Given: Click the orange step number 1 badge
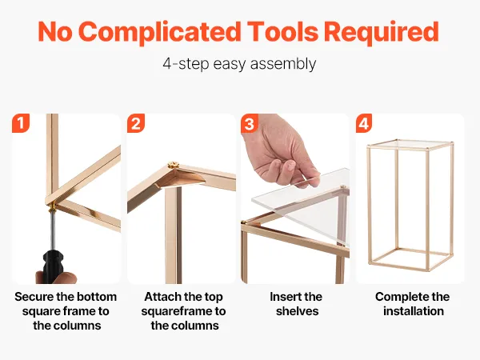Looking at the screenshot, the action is pos(21,123).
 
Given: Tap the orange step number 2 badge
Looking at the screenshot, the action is pos(136,123).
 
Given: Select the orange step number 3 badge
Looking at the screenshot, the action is pos(250,123).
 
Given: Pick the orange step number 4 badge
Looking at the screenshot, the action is pos(364,123).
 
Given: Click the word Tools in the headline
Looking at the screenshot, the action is pos(282,31).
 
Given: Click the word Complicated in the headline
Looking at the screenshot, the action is pos(162,32).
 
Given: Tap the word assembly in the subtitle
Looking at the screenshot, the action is pos(283,65).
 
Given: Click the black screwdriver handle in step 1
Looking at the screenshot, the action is pos(53,266).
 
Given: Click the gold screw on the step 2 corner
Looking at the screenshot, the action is pos(173,166).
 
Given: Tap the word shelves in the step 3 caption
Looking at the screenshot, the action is pos(298,311).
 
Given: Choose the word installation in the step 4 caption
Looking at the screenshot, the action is pos(414,311).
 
